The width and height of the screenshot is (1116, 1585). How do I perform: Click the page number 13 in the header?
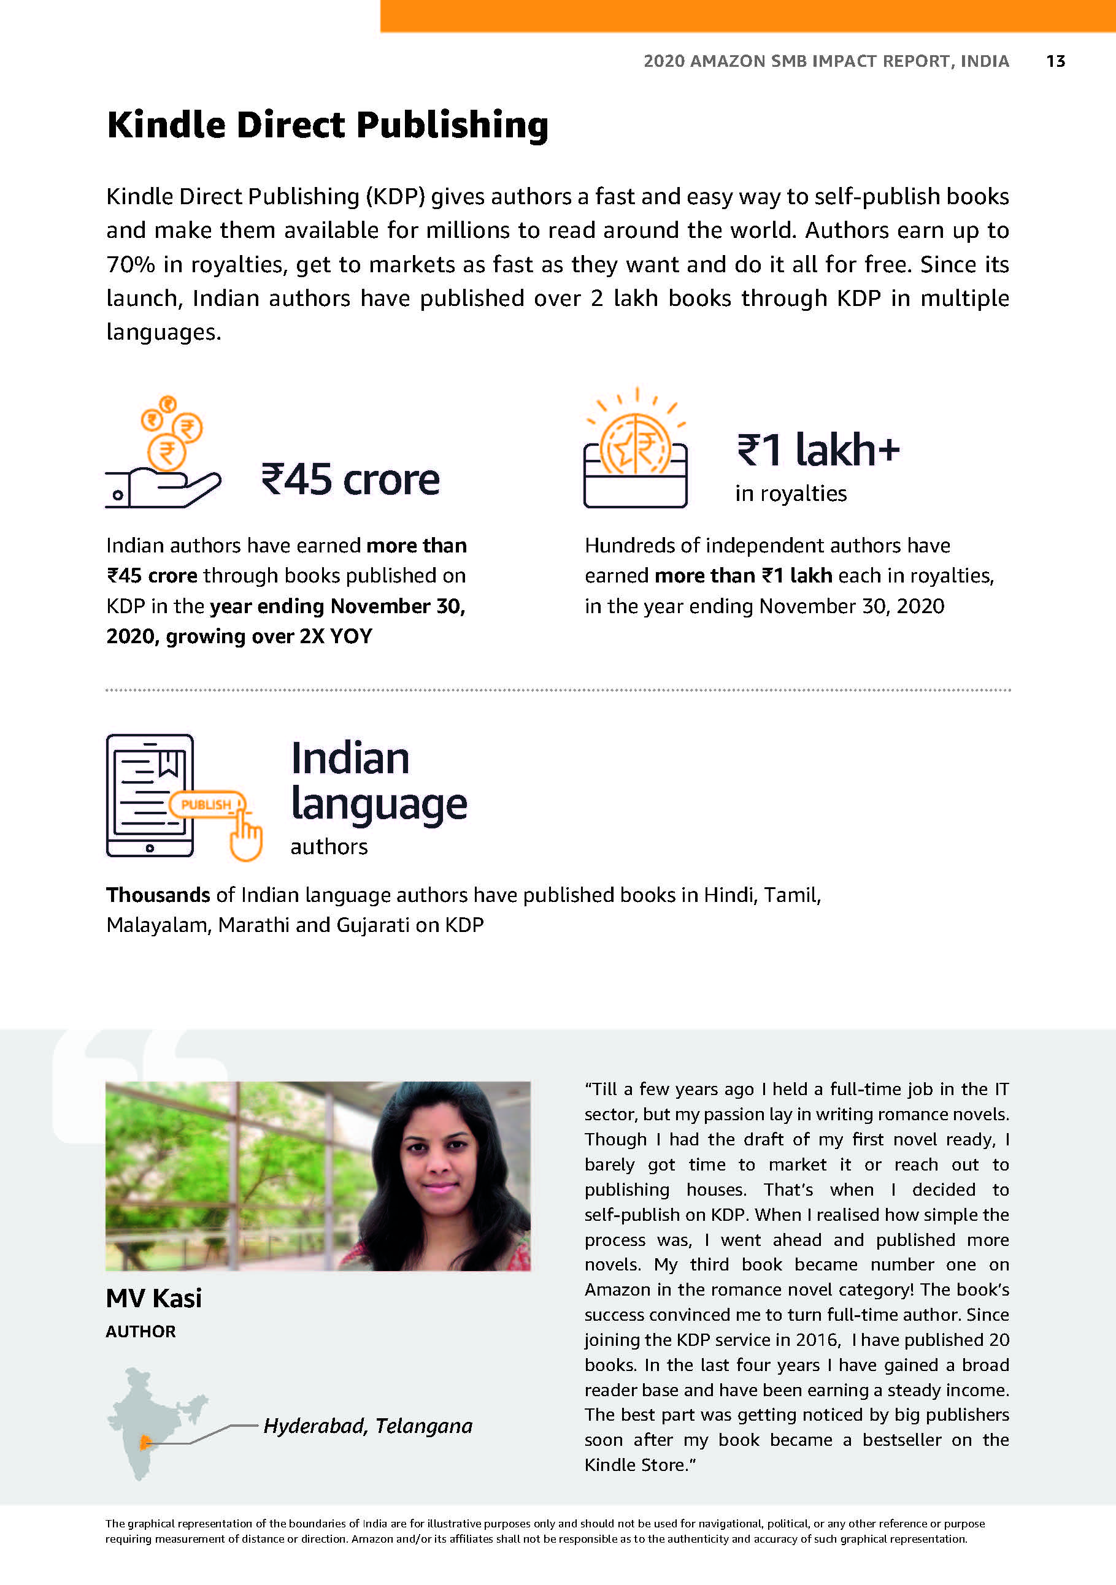click(1055, 61)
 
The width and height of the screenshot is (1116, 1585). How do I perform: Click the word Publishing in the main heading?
click(452, 126)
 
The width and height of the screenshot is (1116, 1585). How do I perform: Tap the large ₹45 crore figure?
click(350, 479)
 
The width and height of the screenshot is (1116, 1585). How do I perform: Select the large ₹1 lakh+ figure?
click(818, 449)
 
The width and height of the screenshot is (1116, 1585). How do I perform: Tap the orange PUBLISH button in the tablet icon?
click(206, 804)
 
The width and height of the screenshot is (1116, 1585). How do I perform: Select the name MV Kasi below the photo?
click(153, 1299)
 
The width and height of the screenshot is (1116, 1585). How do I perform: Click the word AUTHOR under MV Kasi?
click(140, 1332)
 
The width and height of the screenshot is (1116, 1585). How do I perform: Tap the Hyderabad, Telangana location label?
click(368, 1426)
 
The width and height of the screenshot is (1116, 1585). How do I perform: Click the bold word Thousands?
click(158, 895)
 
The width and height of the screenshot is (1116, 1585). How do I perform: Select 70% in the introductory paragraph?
click(131, 264)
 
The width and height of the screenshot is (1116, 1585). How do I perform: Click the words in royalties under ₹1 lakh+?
click(791, 494)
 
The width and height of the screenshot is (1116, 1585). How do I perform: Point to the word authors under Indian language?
click(329, 847)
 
